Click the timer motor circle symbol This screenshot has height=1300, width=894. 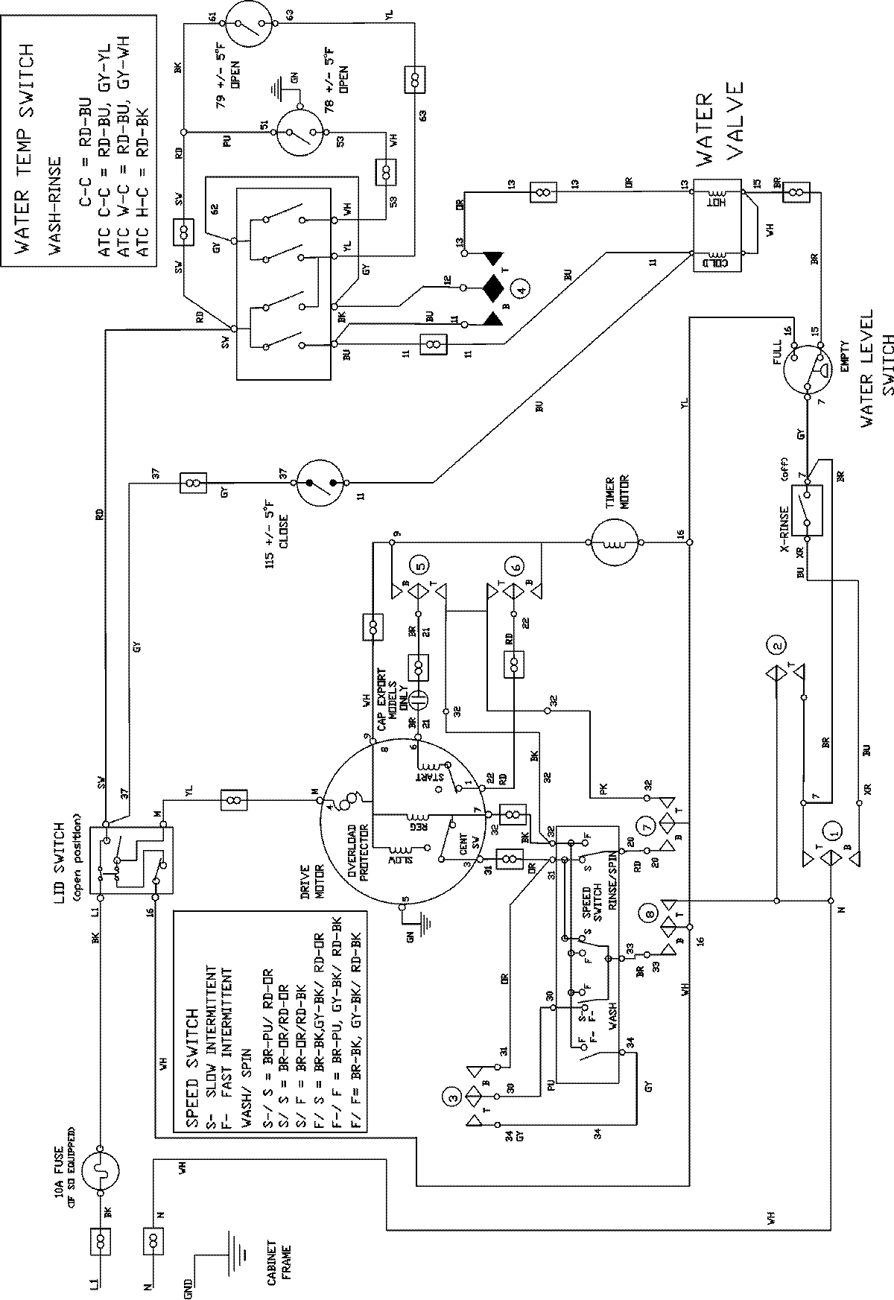coord(615,543)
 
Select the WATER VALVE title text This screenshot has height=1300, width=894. coord(720,120)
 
